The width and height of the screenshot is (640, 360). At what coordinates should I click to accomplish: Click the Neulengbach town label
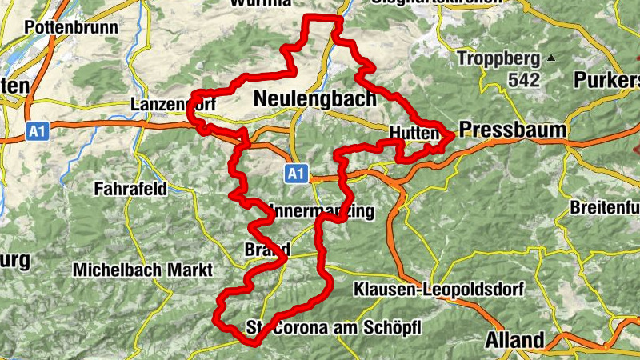314,99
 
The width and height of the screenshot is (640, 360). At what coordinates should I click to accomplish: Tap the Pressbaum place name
513,130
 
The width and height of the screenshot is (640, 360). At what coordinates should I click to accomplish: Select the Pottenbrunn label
71,27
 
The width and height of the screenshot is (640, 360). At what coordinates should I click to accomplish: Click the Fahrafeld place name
130,190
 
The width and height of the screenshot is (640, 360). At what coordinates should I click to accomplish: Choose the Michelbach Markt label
142,270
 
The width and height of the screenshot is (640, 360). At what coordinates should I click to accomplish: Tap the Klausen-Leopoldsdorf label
422,289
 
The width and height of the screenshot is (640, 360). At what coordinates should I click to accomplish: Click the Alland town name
514,340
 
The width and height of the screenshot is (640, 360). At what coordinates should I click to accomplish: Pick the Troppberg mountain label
497,58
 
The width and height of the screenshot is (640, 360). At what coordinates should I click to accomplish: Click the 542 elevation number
524,80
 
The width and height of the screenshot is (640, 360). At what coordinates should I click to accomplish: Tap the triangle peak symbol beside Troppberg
550,58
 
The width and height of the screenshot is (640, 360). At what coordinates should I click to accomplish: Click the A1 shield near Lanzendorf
35,131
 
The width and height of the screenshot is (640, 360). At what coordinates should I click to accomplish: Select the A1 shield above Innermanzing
296,173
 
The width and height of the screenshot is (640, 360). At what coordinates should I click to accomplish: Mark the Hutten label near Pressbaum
414,134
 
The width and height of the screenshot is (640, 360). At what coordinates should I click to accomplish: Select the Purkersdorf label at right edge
608,80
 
